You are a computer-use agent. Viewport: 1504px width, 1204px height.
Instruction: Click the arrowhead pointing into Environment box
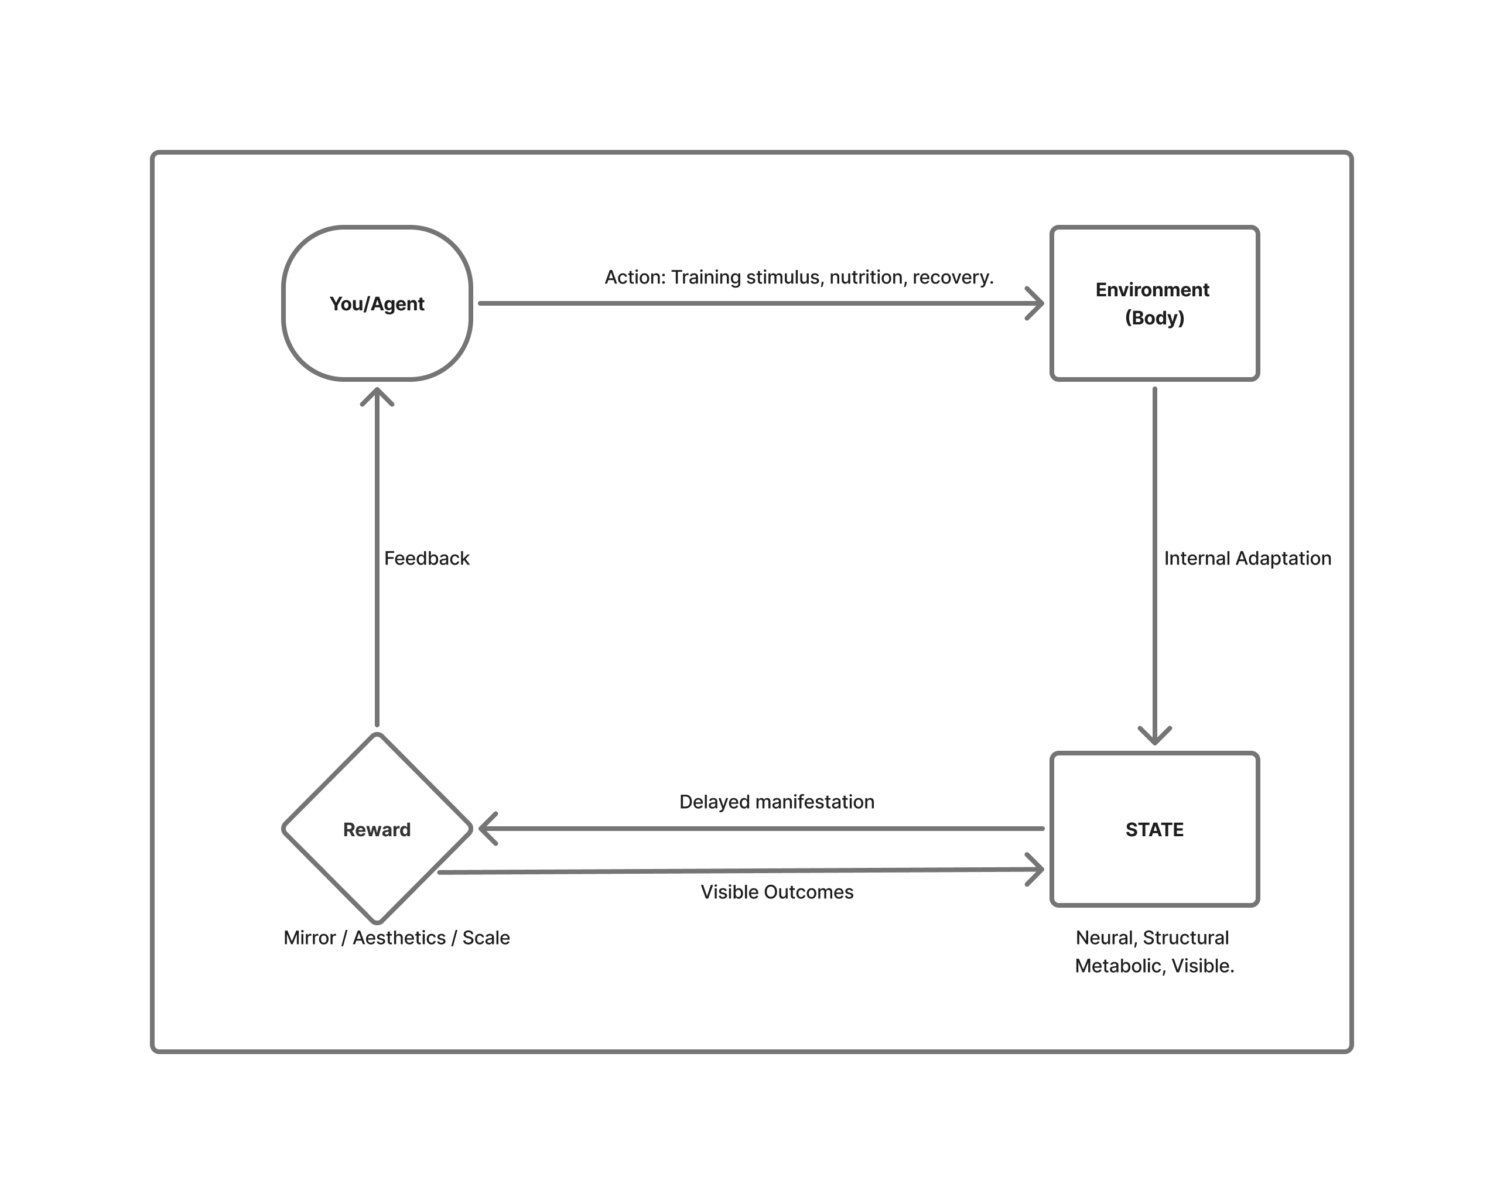(1037, 304)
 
